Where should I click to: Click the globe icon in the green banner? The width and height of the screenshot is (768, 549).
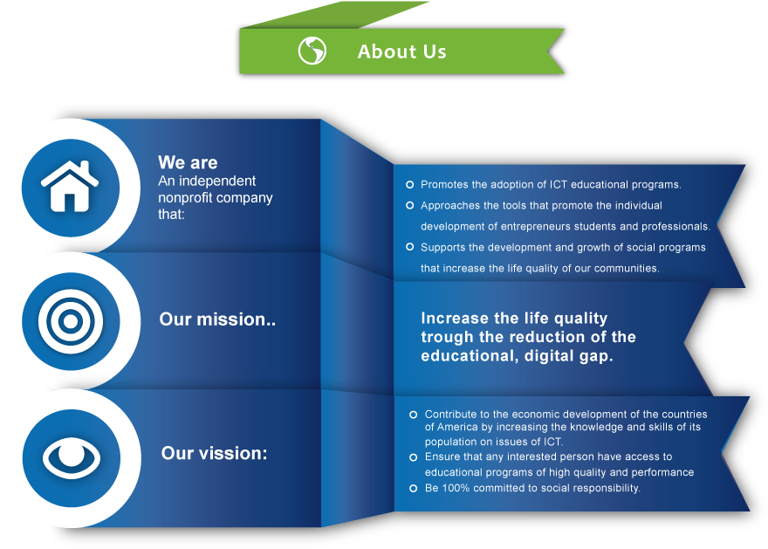pos(312,51)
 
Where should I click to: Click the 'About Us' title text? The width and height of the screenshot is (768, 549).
pos(401,51)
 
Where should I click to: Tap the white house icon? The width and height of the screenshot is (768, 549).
pos(70,186)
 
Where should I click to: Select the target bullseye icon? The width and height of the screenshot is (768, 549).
pos(71,321)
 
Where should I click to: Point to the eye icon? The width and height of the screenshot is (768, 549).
pos(72,458)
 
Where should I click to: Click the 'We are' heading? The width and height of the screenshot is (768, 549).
pos(188,162)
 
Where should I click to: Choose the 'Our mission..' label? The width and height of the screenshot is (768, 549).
pos(217,319)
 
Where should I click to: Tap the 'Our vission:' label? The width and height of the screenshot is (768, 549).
pos(215,453)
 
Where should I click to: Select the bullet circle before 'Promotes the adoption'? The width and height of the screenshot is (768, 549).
pos(410,185)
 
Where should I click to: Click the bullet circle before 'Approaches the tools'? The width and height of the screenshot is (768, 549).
pos(410,205)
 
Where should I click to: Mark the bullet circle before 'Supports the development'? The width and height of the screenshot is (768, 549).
pos(410,247)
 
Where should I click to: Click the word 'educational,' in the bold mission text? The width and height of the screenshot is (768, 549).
pos(470,356)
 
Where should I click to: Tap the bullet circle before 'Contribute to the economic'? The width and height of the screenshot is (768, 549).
pos(414,415)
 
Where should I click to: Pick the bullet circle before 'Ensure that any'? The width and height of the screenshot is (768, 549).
pos(414,457)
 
